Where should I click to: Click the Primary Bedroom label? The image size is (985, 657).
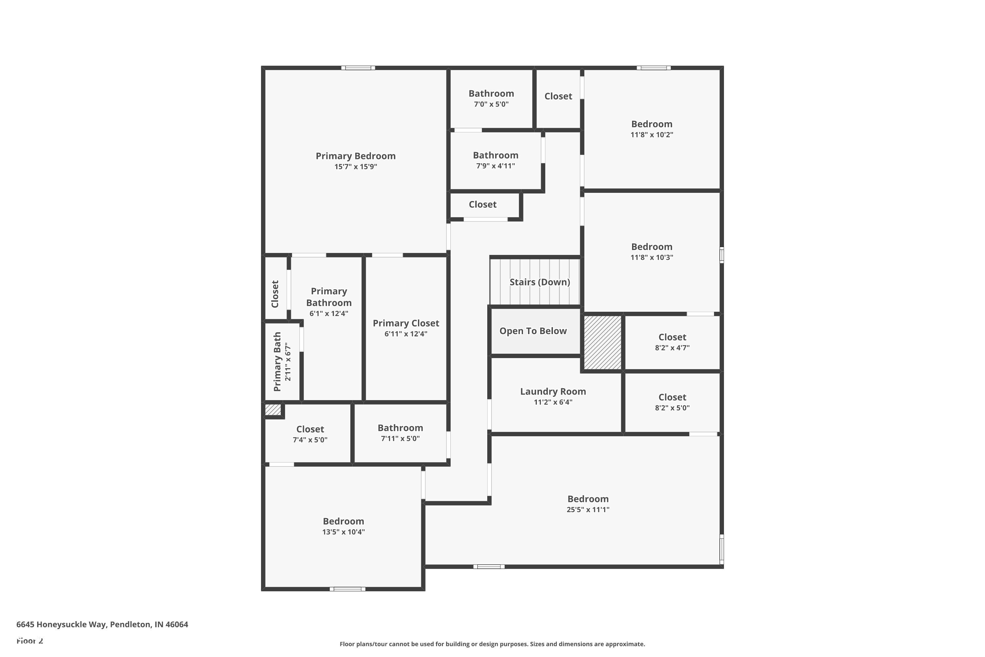(355, 156)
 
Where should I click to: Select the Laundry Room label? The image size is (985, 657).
(553, 391)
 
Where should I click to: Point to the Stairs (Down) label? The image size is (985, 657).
(539, 282)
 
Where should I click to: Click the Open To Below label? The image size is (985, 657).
(533, 331)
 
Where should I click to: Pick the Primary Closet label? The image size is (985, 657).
(406, 323)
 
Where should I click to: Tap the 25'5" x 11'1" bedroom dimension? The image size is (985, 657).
(588, 510)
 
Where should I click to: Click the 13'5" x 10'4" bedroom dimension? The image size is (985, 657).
(343, 532)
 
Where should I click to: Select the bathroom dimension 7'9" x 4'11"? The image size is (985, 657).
(495, 166)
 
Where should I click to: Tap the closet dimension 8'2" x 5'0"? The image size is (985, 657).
(672, 408)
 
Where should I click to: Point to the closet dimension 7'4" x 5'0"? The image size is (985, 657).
(310, 440)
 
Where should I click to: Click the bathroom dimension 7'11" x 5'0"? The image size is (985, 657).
(400, 439)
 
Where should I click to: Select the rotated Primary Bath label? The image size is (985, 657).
(277, 362)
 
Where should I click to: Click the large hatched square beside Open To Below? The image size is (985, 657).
(602, 342)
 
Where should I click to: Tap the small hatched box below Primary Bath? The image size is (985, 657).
(273, 409)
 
